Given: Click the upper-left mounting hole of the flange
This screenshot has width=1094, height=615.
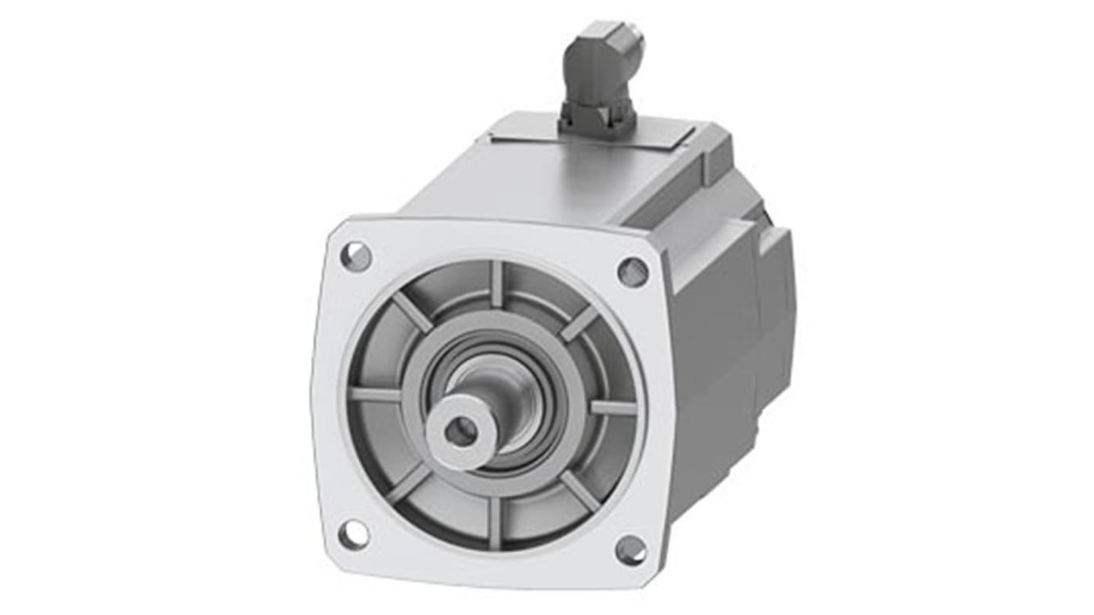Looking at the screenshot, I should [x=356, y=256].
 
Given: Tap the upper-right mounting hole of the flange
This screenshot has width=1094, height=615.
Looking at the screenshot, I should [x=633, y=271].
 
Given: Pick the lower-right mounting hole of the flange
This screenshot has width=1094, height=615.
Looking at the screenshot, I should [x=631, y=549].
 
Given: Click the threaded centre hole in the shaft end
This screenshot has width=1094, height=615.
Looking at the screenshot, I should [x=460, y=432].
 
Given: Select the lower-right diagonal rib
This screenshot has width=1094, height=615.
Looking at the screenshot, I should [x=579, y=490].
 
